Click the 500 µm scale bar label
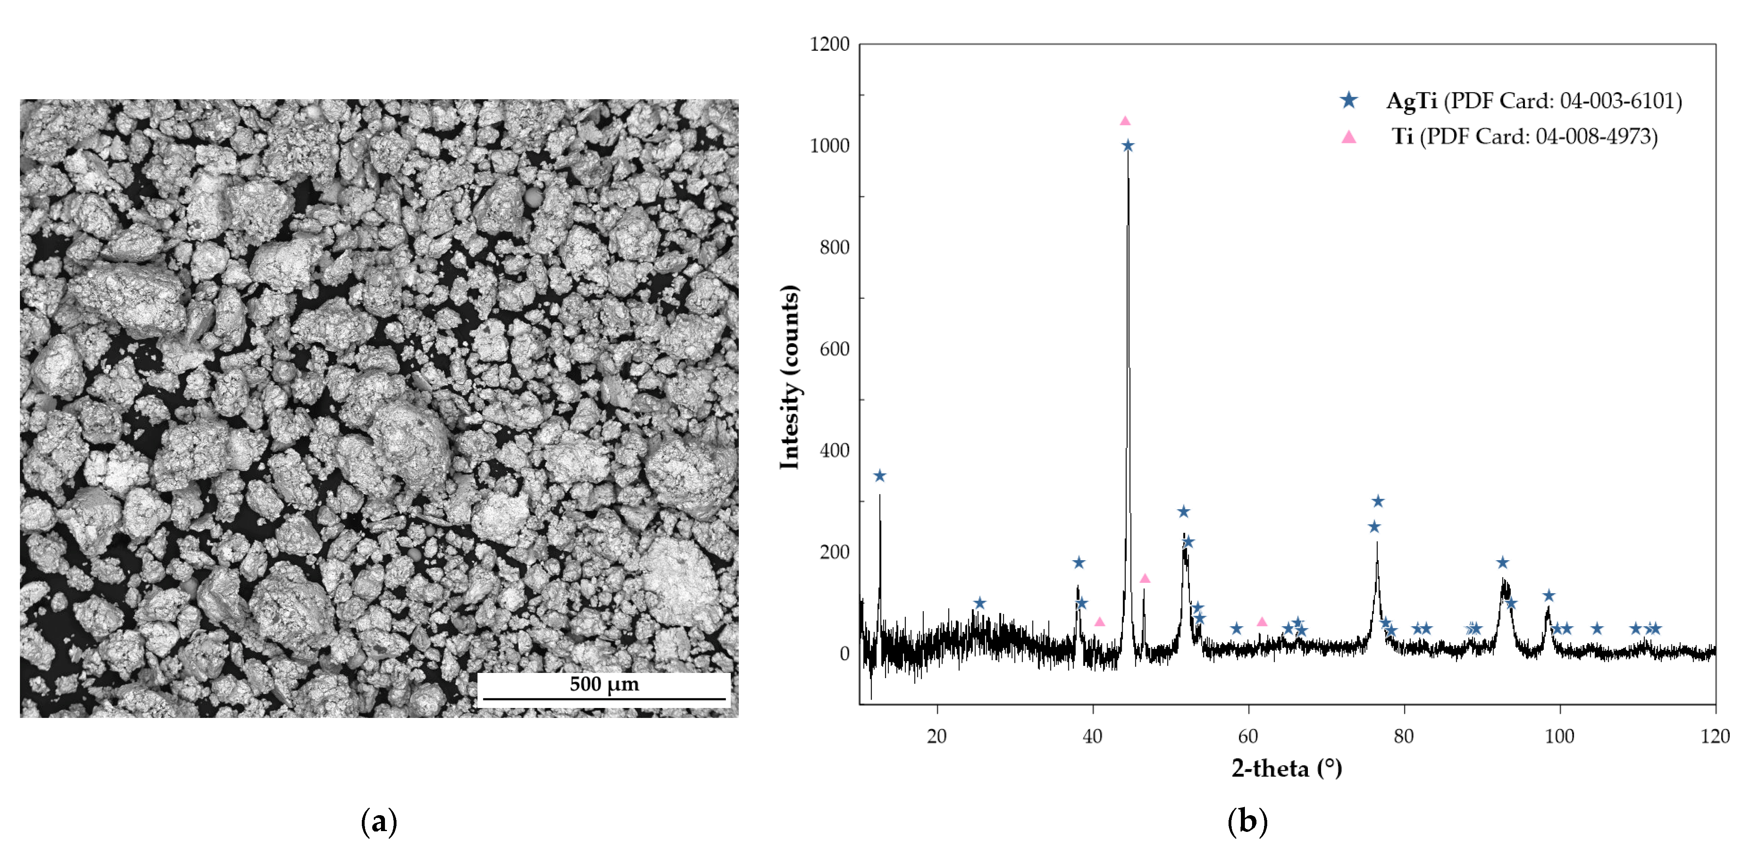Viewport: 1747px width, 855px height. coord(604,684)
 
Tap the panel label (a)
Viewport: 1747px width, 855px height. coord(379,822)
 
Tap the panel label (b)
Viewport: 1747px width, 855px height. coord(1247,822)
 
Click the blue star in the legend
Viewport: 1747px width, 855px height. coord(1349,100)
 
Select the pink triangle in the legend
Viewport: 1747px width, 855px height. coord(1349,137)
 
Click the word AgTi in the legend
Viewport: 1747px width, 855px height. coord(1411,101)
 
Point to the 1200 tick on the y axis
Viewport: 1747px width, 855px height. coord(829,44)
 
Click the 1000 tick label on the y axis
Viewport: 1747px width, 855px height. coord(829,146)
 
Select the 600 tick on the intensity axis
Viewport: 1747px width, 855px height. coord(834,349)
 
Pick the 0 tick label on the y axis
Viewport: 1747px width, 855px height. coord(844,654)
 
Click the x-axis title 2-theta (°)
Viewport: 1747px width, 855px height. coord(1286,768)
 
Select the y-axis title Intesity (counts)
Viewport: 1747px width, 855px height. coord(789,377)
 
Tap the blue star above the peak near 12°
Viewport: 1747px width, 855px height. coord(879,476)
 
